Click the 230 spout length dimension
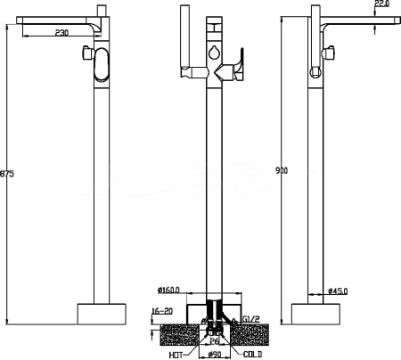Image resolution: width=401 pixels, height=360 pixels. [x=61, y=33]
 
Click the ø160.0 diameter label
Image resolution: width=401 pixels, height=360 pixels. [x=171, y=290]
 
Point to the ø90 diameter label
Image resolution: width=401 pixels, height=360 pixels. [x=215, y=354]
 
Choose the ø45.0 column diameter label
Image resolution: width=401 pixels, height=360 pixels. [x=339, y=290]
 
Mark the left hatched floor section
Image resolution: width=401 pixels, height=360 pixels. [x=175, y=335]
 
